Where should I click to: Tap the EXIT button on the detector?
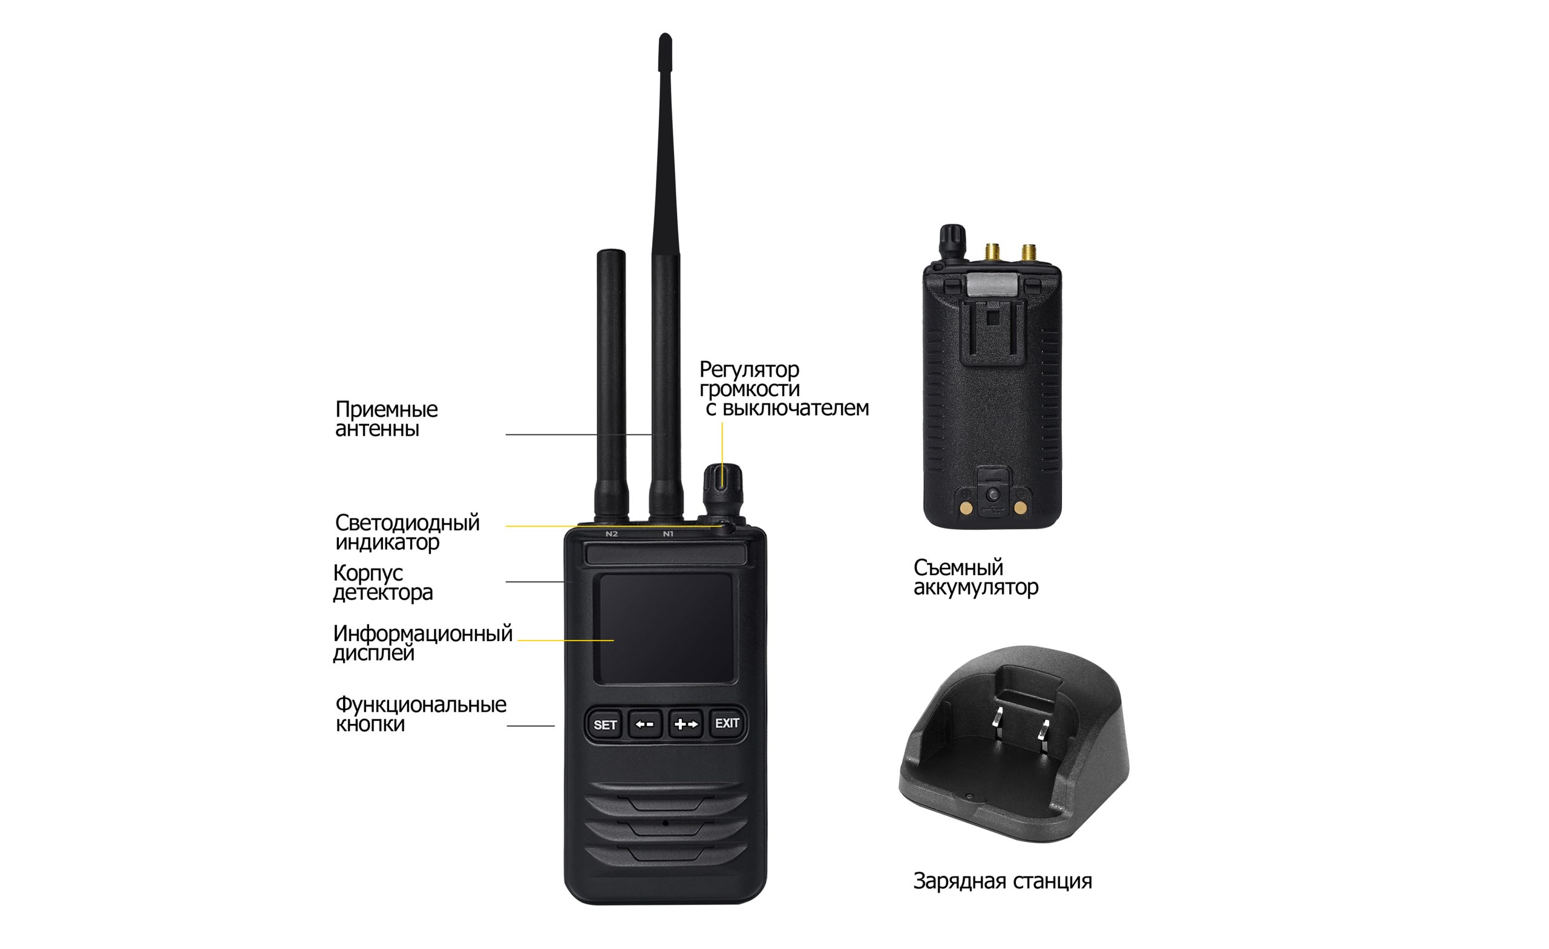pos(727,723)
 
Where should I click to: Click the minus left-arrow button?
pos(645,725)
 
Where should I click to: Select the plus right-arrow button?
pos(686,725)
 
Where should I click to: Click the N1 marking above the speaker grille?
pos(668,533)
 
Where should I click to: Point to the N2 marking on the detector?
pos(612,533)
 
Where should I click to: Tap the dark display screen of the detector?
pos(665,628)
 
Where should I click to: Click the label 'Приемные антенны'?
pos(386,419)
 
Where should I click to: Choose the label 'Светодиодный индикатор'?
pos(407,532)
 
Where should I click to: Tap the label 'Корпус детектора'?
pos(383,582)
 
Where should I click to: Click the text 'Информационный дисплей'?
pos(422,643)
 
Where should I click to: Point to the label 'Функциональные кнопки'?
pos(421,713)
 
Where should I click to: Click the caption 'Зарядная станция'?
pos(1002,881)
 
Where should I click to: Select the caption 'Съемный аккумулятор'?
pos(975,577)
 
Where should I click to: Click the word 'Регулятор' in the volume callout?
pos(749,369)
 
